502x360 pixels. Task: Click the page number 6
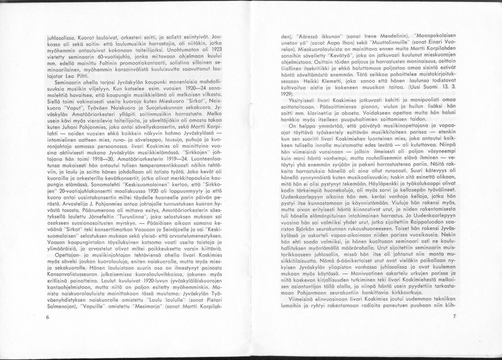pos(47,317)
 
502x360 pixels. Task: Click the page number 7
pos(453,316)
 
